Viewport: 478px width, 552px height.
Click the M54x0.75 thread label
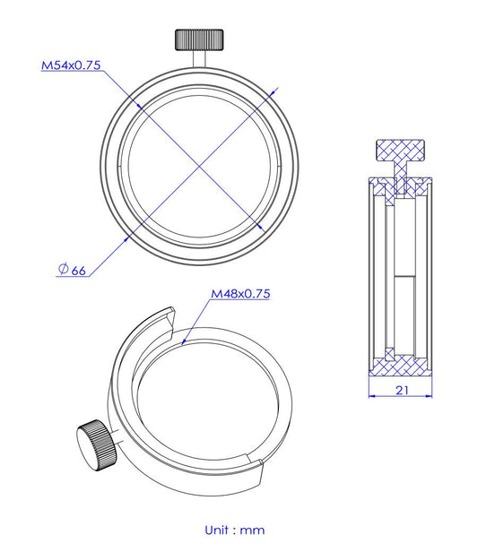[x=74, y=65]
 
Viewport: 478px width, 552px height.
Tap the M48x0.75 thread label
[x=240, y=293]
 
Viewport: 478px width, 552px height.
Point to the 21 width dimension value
[x=402, y=390]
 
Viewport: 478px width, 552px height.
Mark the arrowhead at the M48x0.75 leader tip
[x=182, y=342]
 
